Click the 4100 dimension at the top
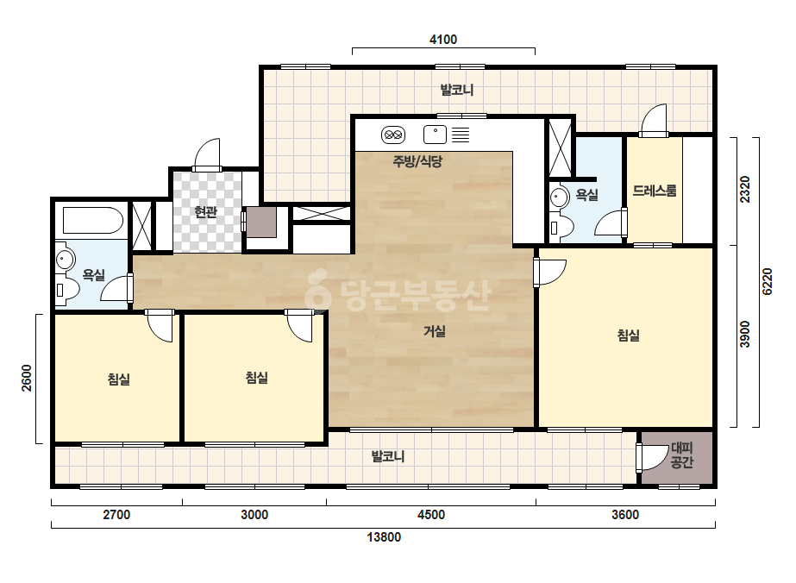click(x=443, y=40)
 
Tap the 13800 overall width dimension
click(x=384, y=537)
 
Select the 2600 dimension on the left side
click(x=27, y=378)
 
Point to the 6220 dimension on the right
click(x=767, y=281)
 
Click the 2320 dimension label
click(x=744, y=189)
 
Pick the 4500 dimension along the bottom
click(x=431, y=515)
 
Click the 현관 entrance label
click(x=205, y=212)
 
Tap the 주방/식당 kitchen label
click(x=417, y=161)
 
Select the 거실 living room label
click(x=435, y=332)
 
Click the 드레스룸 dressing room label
click(x=655, y=191)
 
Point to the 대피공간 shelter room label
click(x=682, y=455)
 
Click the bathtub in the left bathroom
click(x=92, y=221)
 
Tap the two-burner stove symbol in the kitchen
click(x=393, y=135)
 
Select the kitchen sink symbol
click(x=435, y=135)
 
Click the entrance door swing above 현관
click(x=207, y=154)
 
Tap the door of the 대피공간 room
click(x=652, y=457)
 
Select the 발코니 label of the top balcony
click(x=457, y=91)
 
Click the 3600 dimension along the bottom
click(x=625, y=515)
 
